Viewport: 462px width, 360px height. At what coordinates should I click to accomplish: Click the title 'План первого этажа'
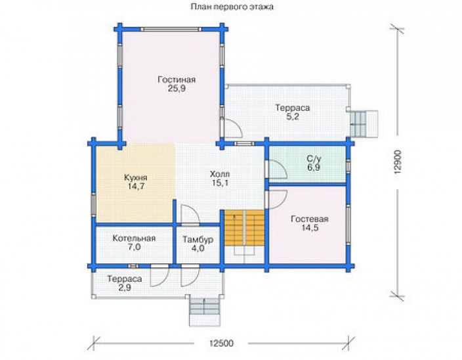pos(232,7)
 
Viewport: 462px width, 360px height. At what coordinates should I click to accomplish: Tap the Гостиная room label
pos(177,79)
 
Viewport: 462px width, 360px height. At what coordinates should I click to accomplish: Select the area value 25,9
pos(177,89)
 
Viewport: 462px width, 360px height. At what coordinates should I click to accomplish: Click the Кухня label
pos(136,178)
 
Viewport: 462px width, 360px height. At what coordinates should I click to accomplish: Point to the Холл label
pos(220,173)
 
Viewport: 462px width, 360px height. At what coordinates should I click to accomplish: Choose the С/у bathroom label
pos(314,158)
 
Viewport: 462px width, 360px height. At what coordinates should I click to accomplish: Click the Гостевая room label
pos(310,219)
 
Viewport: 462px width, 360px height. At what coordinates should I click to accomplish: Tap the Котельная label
pos(134,238)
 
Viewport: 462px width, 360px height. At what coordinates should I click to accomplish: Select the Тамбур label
pos(198,239)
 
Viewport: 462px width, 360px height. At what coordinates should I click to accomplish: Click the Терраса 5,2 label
pos(293,112)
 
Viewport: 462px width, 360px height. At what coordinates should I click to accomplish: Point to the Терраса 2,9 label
pos(125,283)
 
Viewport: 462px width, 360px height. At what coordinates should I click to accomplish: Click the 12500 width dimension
pos(221,343)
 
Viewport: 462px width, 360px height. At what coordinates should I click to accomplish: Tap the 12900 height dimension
pos(398,162)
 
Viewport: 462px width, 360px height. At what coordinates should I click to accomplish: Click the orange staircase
pos(245,227)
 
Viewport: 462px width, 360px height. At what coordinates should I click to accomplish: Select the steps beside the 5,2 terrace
pos(364,124)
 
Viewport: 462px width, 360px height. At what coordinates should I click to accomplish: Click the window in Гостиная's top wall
pos(171,30)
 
